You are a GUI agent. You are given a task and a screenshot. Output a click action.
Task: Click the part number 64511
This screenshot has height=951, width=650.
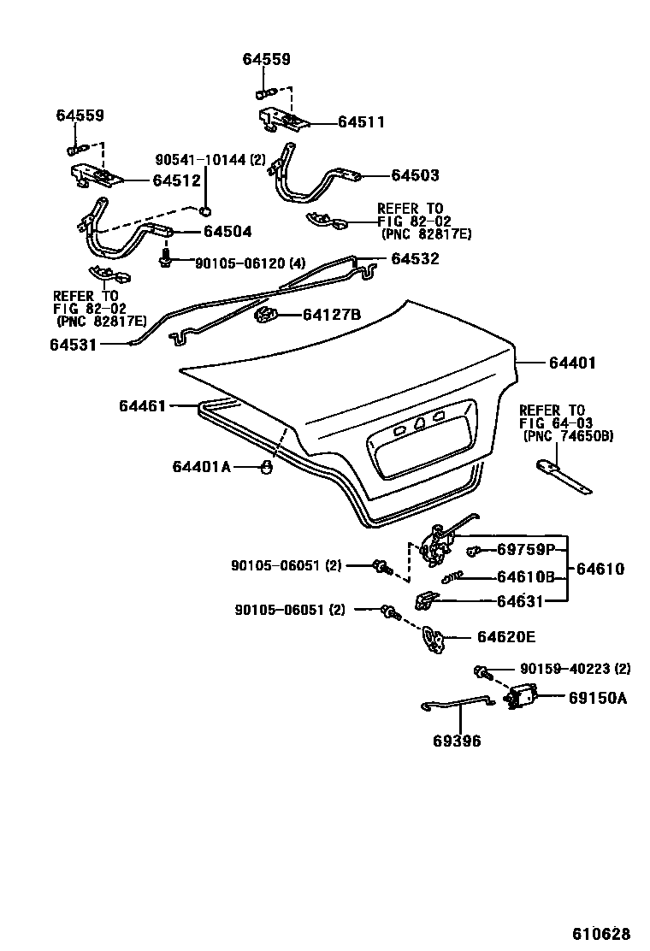click(x=361, y=122)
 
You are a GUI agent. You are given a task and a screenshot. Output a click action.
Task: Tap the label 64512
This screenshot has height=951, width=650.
click(x=176, y=180)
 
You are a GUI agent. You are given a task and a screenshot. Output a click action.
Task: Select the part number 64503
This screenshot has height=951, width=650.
click(x=415, y=175)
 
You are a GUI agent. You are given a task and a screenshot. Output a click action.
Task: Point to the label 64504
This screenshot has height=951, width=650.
click(x=227, y=232)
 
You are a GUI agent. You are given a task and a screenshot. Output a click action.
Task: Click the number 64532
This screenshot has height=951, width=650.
click(x=415, y=258)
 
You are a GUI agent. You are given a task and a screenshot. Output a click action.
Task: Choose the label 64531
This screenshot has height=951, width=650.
click(x=73, y=345)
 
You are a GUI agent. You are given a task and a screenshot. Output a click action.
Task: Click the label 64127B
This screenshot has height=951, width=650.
click(x=332, y=315)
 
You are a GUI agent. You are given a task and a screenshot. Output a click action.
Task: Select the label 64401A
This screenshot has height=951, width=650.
click(x=201, y=466)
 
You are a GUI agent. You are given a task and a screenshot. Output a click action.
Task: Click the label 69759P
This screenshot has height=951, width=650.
click(x=526, y=549)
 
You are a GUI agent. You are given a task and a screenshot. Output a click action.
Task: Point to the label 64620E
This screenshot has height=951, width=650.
click(x=506, y=637)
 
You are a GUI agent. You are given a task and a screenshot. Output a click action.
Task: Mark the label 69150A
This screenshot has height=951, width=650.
click(x=598, y=698)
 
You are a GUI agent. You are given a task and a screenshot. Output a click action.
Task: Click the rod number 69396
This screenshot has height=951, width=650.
click(x=457, y=741)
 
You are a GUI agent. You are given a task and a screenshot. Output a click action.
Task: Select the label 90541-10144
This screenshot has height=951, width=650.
click(x=210, y=160)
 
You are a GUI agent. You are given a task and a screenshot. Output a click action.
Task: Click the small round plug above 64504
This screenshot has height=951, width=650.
click(x=205, y=211)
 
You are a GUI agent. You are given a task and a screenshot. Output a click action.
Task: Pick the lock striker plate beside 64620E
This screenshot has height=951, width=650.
click(x=434, y=639)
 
